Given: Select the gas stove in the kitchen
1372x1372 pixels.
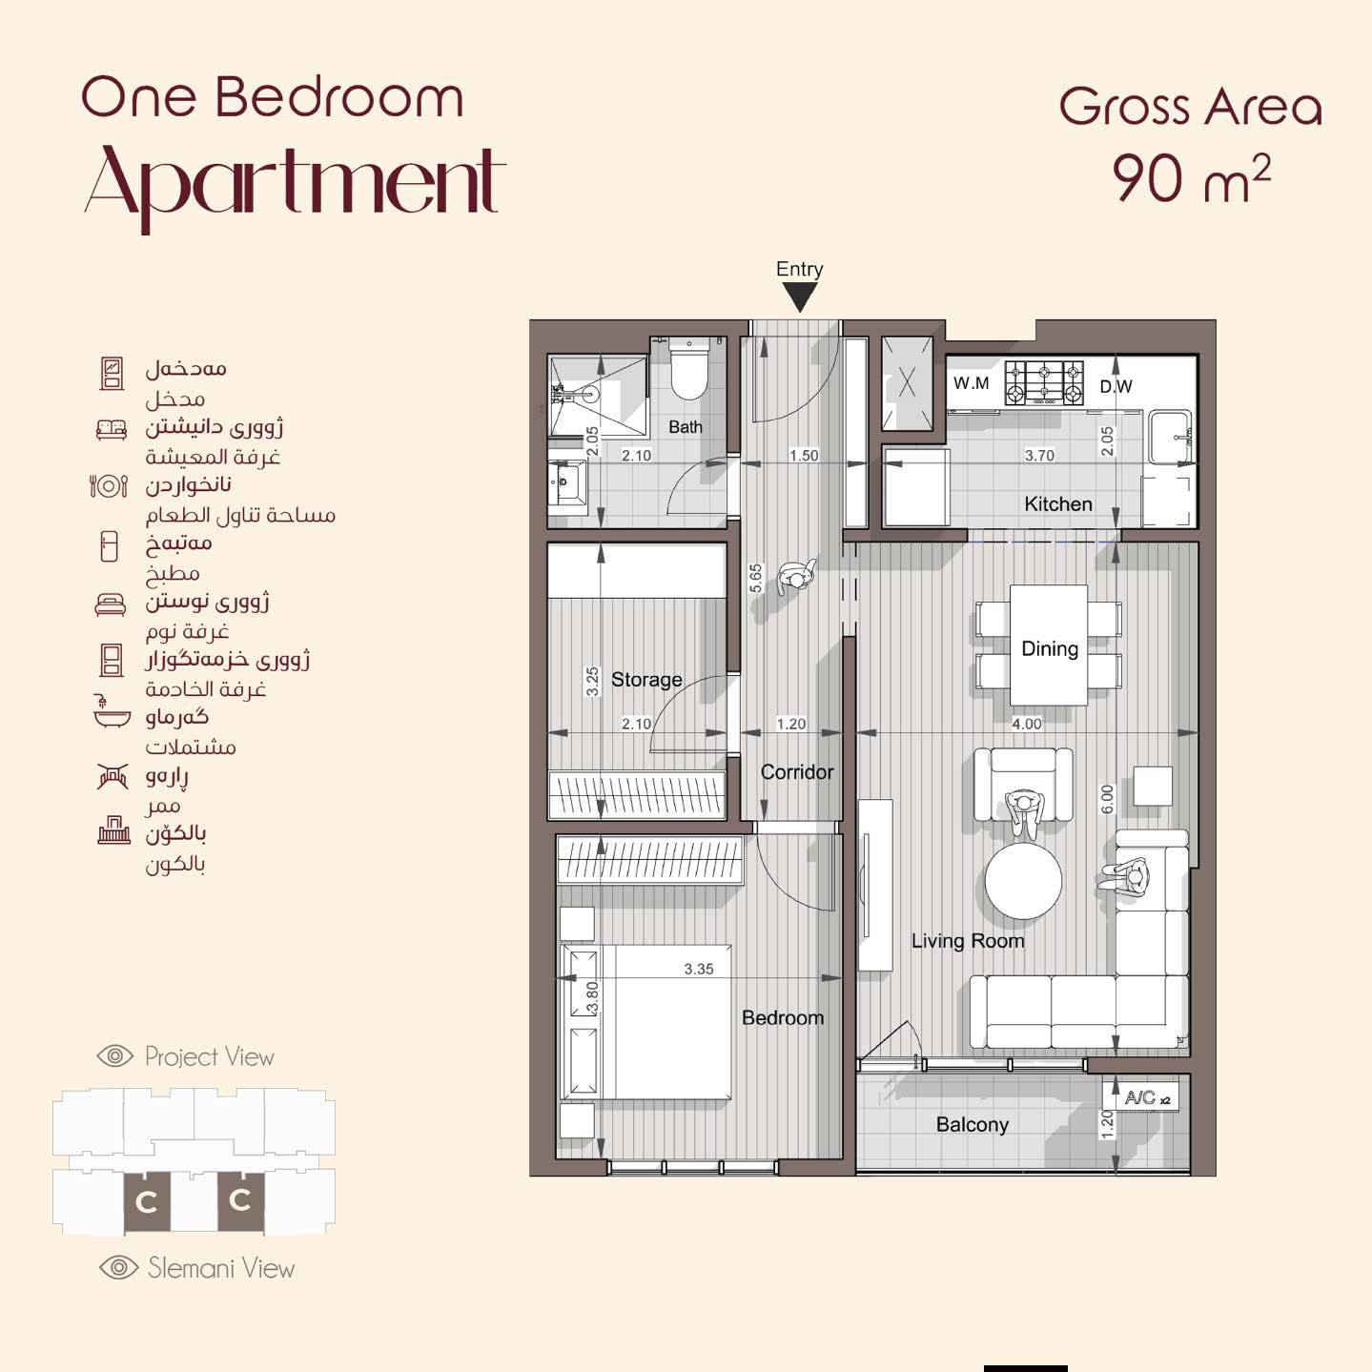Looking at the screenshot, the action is [1044, 383].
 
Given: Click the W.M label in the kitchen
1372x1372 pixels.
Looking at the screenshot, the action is [972, 383].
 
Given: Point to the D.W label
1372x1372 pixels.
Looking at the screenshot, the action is [1116, 386].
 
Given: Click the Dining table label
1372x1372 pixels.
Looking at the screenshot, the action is [1050, 648].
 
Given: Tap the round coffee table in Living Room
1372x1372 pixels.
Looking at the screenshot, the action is [1023, 881].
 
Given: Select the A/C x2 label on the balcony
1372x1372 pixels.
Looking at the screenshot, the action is [1146, 1097].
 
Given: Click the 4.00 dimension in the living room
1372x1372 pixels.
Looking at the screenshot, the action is [1027, 724].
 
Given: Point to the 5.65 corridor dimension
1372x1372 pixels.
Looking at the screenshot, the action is [755, 578].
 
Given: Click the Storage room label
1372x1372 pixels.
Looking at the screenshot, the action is [646, 680].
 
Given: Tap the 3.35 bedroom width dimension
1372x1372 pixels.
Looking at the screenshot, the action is [699, 969].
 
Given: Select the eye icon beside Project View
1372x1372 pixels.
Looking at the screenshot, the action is [114, 1055].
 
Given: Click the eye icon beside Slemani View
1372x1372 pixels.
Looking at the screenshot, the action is [118, 1267].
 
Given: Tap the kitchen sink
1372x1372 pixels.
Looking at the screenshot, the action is [1170, 437].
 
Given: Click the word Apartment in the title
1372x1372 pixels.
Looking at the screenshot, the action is [295, 187].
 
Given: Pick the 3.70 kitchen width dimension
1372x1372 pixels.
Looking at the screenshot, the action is [1039, 456].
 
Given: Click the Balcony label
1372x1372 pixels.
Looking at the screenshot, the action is [972, 1125].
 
